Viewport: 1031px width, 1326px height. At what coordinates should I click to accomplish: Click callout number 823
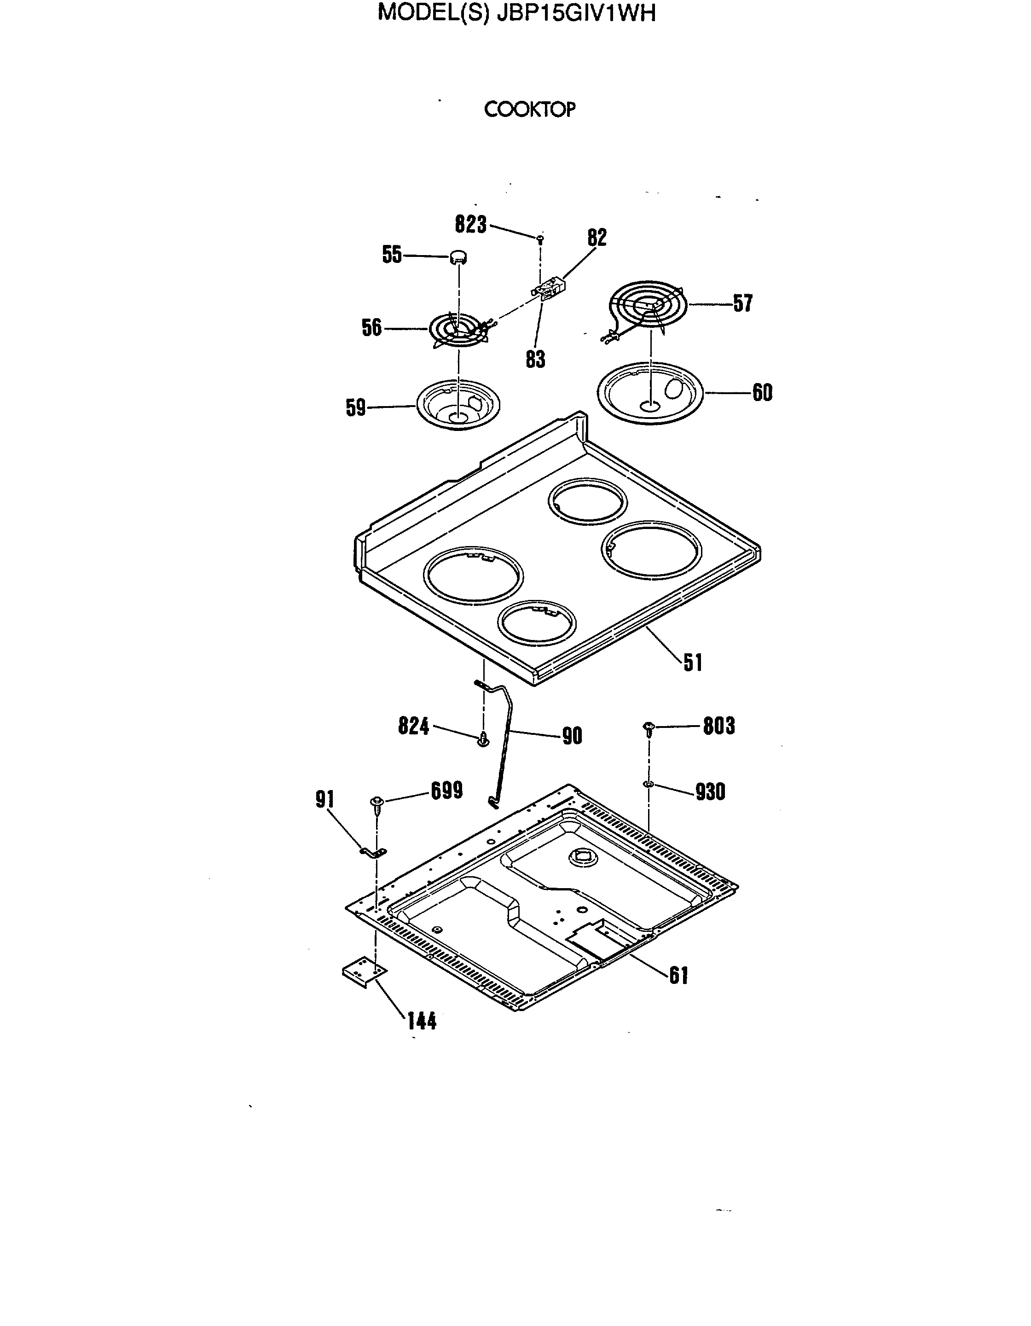[471, 225]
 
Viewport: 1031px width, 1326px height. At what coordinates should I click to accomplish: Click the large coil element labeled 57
[648, 303]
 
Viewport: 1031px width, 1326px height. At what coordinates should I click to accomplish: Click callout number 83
[535, 360]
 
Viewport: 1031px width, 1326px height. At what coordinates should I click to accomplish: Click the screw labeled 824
[483, 739]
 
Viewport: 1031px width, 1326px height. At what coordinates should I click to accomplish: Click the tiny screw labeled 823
[540, 238]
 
